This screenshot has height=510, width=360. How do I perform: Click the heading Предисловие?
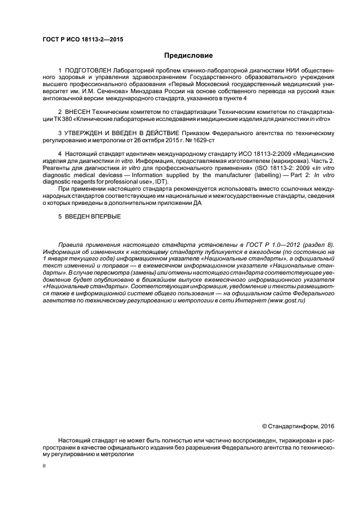coord(188,56)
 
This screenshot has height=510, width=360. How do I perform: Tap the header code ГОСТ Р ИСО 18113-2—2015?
coord(82,39)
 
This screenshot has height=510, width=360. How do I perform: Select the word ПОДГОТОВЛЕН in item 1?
coord(87,71)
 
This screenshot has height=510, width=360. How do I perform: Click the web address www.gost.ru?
coord(287,300)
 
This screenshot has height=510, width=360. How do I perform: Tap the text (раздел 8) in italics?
coord(319,245)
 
